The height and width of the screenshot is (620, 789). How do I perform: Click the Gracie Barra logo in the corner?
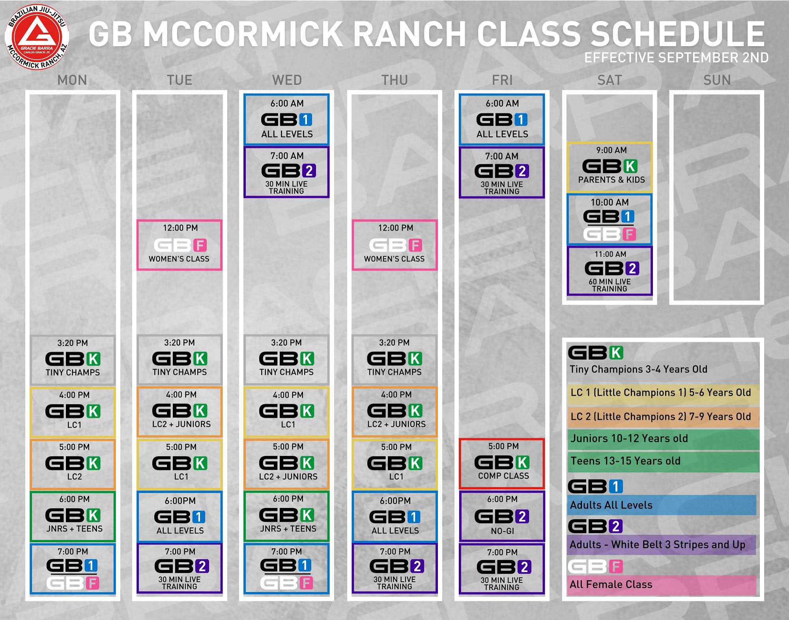37,38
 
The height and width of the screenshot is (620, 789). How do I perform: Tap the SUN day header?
717,80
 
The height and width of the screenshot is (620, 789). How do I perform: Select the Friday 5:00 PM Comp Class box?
502,463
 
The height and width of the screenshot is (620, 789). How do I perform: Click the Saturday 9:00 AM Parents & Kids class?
610,167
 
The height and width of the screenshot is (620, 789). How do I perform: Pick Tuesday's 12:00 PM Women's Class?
179,245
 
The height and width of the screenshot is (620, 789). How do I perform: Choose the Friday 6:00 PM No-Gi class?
502,516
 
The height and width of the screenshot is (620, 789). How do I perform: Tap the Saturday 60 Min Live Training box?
610,271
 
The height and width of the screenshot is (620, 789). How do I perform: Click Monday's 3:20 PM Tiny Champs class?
73,360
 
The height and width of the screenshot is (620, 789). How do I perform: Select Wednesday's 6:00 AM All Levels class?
286,119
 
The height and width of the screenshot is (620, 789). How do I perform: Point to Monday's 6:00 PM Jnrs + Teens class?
73,516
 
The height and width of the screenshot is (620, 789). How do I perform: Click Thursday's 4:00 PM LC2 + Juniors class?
394,411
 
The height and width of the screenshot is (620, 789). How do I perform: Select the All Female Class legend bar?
662,585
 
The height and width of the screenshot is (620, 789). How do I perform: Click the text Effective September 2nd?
676,58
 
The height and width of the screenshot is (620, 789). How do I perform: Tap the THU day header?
394,80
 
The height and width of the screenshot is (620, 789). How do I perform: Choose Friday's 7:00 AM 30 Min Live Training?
502,172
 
